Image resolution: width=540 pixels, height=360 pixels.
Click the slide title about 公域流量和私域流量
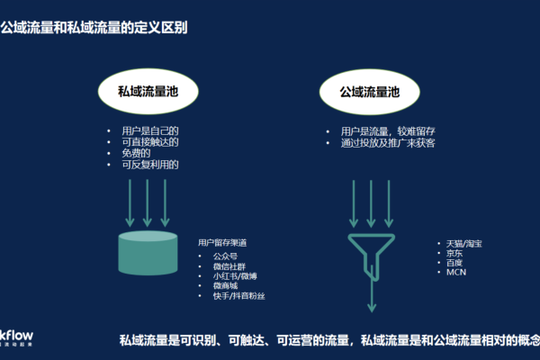[94, 28]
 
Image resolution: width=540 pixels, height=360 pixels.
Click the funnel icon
[370, 252]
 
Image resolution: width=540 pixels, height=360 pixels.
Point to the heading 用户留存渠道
[223, 243]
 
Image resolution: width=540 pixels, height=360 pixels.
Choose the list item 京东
[457, 254]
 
